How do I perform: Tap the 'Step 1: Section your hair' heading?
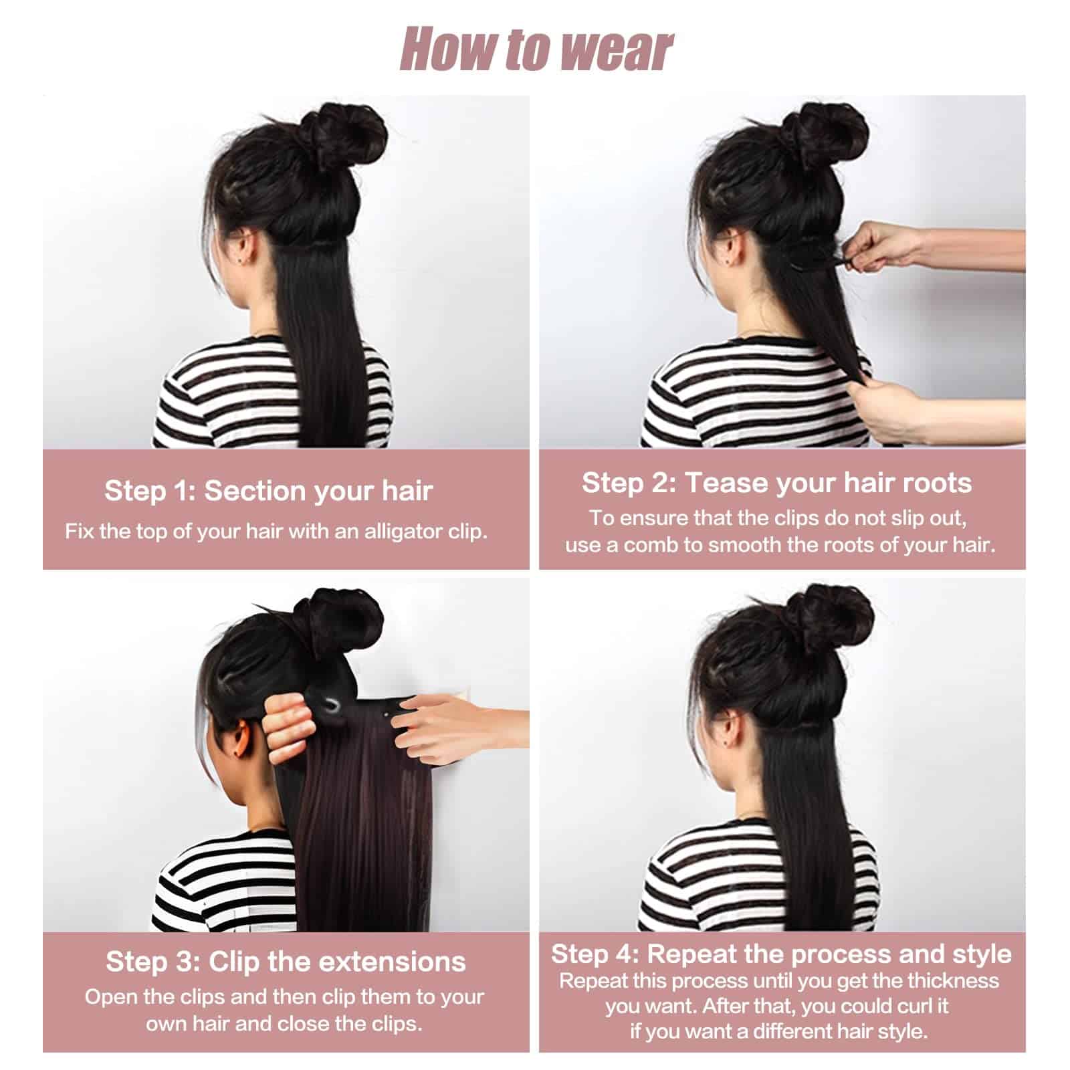268,491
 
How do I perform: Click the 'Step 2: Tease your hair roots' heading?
776,483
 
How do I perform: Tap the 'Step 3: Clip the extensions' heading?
286,962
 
